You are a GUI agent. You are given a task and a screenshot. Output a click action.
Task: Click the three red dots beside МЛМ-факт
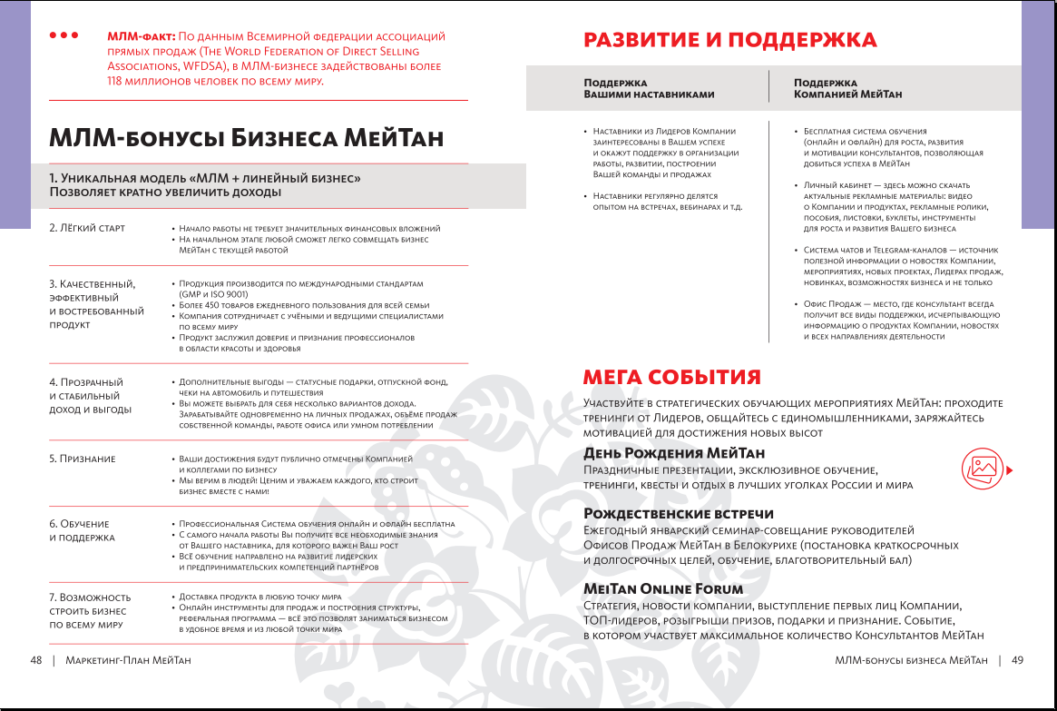point(64,36)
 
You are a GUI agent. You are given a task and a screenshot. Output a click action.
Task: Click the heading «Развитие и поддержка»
point(729,40)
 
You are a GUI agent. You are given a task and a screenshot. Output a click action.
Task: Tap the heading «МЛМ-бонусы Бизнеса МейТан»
point(247,138)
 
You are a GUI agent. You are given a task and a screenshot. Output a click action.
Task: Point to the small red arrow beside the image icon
point(1010,469)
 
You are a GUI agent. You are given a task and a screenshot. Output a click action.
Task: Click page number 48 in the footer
point(36,660)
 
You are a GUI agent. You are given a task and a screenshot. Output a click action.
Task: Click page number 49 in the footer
point(1017,660)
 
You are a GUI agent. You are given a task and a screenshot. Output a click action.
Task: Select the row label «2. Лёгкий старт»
point(87,227)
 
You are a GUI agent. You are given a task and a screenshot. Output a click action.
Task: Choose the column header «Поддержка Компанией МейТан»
point(847,88)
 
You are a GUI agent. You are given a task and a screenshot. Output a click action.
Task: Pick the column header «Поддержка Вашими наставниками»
point(649,88)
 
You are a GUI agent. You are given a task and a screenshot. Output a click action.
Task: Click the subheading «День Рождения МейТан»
point(674,452)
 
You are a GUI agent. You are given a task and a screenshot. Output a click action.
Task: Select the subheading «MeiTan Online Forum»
point(663,589)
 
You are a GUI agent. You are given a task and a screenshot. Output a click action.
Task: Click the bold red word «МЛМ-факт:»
point(142,36)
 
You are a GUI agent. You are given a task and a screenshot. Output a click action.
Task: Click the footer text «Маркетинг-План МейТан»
point(129,660)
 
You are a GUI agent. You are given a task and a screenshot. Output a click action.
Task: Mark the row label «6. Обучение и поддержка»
point(82,530)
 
